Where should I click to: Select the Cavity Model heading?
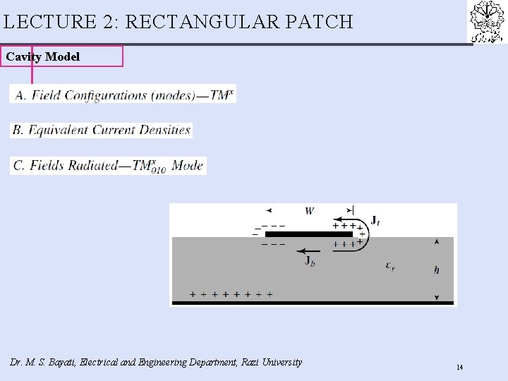coord(43,56)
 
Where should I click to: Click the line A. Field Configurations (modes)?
coord(123,95)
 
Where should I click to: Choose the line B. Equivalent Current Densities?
coord(101,130)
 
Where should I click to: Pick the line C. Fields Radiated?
coord(109,166)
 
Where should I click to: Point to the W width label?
coord(310,210)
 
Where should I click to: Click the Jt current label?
coord(375,221)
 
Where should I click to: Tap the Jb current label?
coord(310,261)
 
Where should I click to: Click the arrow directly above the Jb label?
coord(308,250)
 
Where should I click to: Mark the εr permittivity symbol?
coord(390,265)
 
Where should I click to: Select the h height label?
coord(437,270)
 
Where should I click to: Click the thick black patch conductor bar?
coord(308,234)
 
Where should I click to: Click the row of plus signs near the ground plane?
coord(231,294)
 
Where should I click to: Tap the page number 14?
coord(459,367)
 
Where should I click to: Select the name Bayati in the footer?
coord(61,362)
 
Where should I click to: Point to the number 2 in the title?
coord(110,22)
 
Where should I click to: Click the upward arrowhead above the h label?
coord(437,241)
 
